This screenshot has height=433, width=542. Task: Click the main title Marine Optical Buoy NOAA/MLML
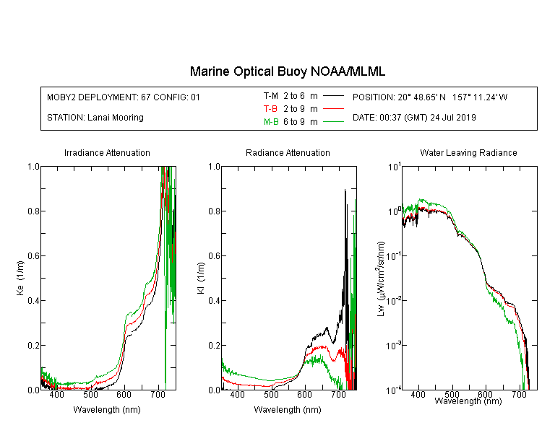tap(287, 72)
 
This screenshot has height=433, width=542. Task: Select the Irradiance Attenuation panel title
tap(107, 153)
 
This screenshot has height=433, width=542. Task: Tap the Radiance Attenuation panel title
tap(288, 153)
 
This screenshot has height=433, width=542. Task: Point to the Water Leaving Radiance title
tap(468, 153)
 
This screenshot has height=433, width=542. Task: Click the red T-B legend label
tap(270, 109)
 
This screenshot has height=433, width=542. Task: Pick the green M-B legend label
tap(271, 122)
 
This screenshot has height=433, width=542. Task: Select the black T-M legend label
tap(271, 96)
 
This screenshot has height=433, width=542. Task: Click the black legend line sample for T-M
tap(333, 96)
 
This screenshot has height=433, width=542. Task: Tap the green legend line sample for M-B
tap(333, 122)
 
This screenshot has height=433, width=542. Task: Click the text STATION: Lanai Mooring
tap(95, 118)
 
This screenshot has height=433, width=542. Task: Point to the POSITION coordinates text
tap(430, 97)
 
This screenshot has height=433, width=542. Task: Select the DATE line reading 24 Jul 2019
tap(414, 118)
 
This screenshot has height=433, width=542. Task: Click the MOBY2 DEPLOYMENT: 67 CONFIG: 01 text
tap(124, 97)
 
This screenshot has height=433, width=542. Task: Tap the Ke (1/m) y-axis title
tap(20, 279)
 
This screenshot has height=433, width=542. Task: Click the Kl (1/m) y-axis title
tap(201, 279)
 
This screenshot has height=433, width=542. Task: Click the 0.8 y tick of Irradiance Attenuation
tap(33, 211)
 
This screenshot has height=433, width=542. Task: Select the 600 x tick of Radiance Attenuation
tap(304, 395)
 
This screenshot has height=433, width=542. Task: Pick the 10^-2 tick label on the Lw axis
tap(394, 301)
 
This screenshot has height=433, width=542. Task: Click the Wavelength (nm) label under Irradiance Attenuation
tap(107, 410)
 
